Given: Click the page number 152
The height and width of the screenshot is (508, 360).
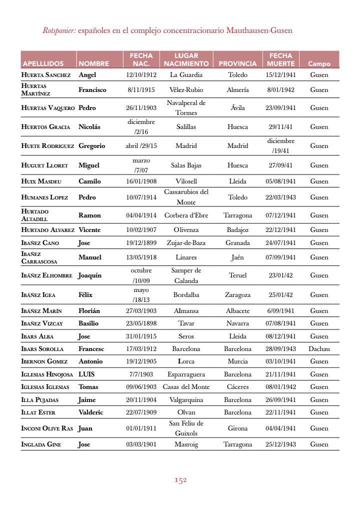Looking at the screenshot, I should pyautogui.click(x=180, y=480).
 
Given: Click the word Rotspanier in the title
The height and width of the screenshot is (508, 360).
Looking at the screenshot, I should pyautogui.click(x=59, y=30).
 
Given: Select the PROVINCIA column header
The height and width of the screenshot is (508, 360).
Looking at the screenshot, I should pyautogui.click(x=237, y=64).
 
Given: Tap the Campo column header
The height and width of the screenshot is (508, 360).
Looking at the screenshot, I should pyautogui.click(x=319, y=64).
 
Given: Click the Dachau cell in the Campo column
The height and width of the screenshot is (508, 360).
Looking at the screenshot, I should pyautogui.click(x=319, y=348).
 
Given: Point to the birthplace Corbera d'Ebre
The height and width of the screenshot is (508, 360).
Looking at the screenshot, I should pyautogui.click(x=186, y=215).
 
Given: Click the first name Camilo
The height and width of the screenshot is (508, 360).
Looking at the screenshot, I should pyautogui.click(x=89, y=181).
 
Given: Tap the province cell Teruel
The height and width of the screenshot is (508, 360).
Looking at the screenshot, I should pyautogui.click(x=237, y=275).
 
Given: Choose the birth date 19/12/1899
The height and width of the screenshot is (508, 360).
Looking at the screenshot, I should pyautogui.click(x=141, y=243).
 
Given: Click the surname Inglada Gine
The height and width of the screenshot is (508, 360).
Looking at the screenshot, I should pyautogui.click(x=41, y=444).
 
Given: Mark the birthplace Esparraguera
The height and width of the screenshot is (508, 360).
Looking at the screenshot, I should pyautogui.click(x=186, y=374).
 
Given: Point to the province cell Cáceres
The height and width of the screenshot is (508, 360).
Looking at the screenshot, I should pyautogui.click(x=237, y=387).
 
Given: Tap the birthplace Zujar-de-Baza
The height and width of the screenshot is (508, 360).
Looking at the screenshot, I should pyautogui.click(x=186, y=243).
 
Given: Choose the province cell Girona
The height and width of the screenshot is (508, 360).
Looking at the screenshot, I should pyautogui.click(x=237, y=428).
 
